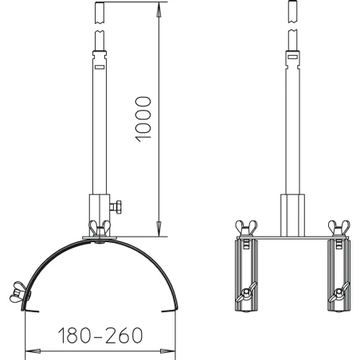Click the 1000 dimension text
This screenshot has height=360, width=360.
pyautogui.click(x=143, y=119)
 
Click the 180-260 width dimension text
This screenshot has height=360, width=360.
pyautogui.click(x=100, y=335)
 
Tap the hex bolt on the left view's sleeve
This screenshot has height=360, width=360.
pyautogui.click(x=116, y=206)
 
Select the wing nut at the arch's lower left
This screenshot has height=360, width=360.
pyautogui.click(x=18, y=292)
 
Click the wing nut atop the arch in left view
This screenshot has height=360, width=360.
pyautogui.click(x=100, y=228)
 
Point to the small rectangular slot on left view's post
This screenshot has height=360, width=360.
pyautogui.click(x=100, y=67)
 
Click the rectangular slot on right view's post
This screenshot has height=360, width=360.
pyautogui.click(x=293, y=57)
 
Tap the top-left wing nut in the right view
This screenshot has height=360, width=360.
pyautogui.click(x=246, y=228)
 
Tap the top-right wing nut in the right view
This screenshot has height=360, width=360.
pyautogui.click(x=339, y=228)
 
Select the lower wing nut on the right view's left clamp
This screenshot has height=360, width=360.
pyautogui.click(x=246, y=292)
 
